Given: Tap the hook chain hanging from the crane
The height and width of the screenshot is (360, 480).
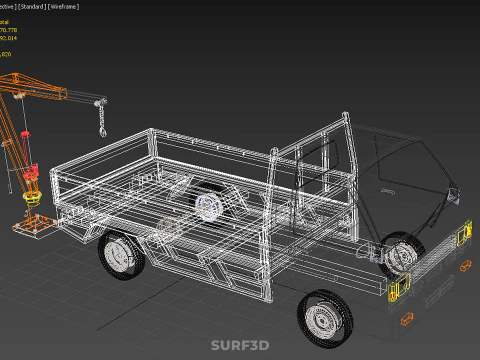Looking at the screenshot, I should coord(101,121).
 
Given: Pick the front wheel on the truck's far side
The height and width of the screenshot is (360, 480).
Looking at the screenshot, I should coord(403,249).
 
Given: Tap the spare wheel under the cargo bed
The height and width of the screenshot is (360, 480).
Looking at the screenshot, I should coord(209,206).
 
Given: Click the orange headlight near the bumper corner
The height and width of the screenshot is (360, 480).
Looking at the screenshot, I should coord(397,289).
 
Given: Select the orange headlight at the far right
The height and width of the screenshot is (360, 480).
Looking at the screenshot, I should coord(463,236).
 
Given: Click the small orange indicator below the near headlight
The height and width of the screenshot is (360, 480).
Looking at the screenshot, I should coord(407,319).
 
